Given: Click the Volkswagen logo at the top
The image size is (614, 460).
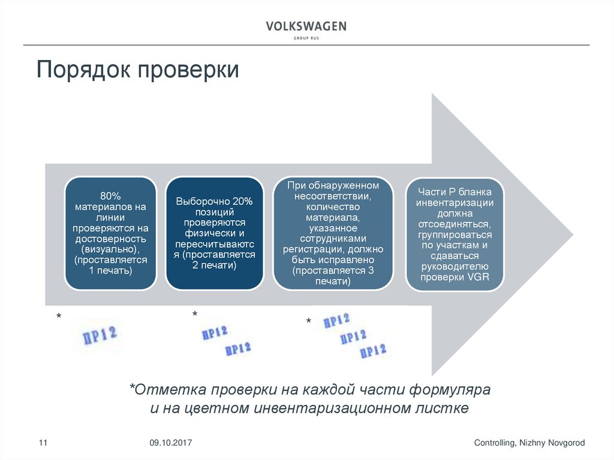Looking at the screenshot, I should pos(306,28).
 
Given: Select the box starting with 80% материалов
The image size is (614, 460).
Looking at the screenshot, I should pos(110,233).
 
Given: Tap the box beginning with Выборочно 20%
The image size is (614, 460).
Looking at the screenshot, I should pos(215,233).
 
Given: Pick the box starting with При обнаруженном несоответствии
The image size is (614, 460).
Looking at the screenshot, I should pos(333,233).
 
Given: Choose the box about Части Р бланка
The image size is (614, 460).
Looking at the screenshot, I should pos(455,233).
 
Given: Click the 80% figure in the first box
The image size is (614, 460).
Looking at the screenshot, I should pos(110,196).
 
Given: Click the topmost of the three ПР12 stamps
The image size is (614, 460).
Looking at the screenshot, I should pos(336,320).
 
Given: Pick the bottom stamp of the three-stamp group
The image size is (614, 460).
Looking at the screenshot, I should pos(372,351).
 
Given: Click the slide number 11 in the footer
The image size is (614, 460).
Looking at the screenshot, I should pos(43,443).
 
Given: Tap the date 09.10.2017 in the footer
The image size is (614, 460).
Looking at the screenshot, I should pos(170,443).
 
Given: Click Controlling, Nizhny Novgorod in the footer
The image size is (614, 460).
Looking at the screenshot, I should pos(529,443).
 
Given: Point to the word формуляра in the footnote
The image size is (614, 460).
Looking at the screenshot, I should pos(450,389).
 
